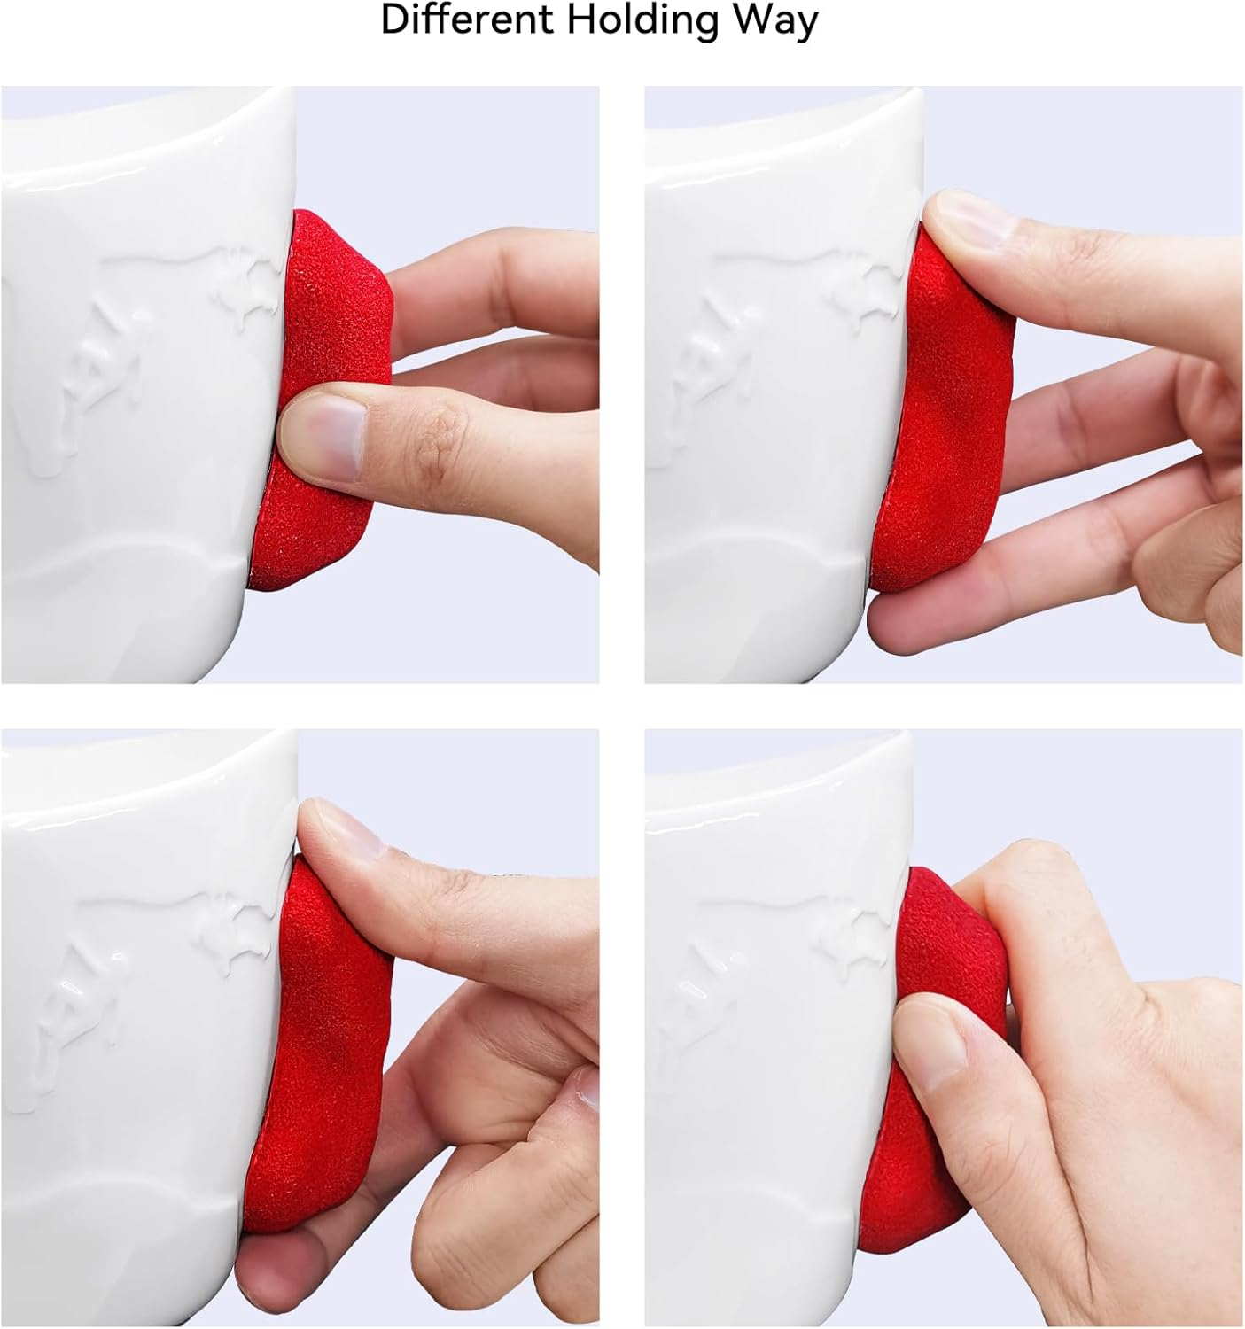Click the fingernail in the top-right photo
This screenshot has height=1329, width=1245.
[966, 217]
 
